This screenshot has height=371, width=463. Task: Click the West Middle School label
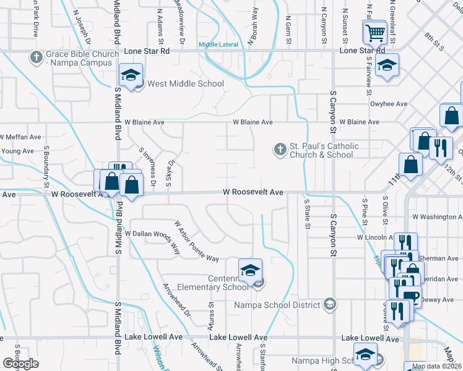point(184,84)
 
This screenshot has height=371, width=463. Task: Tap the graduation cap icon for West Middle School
point(131,75)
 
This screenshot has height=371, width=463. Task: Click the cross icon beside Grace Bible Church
point(35,58)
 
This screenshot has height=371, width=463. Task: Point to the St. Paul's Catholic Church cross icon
point(280,149)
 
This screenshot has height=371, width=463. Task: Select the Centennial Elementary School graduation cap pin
point(250,270)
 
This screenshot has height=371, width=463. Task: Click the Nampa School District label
point(277,304)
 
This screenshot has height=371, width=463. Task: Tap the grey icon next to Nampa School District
point(330,304)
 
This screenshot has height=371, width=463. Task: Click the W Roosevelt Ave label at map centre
point(254,193)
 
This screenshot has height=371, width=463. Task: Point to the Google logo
point(21,364)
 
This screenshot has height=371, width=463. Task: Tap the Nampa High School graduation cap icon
point(365,354)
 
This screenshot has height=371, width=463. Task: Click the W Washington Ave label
point(436,217)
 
